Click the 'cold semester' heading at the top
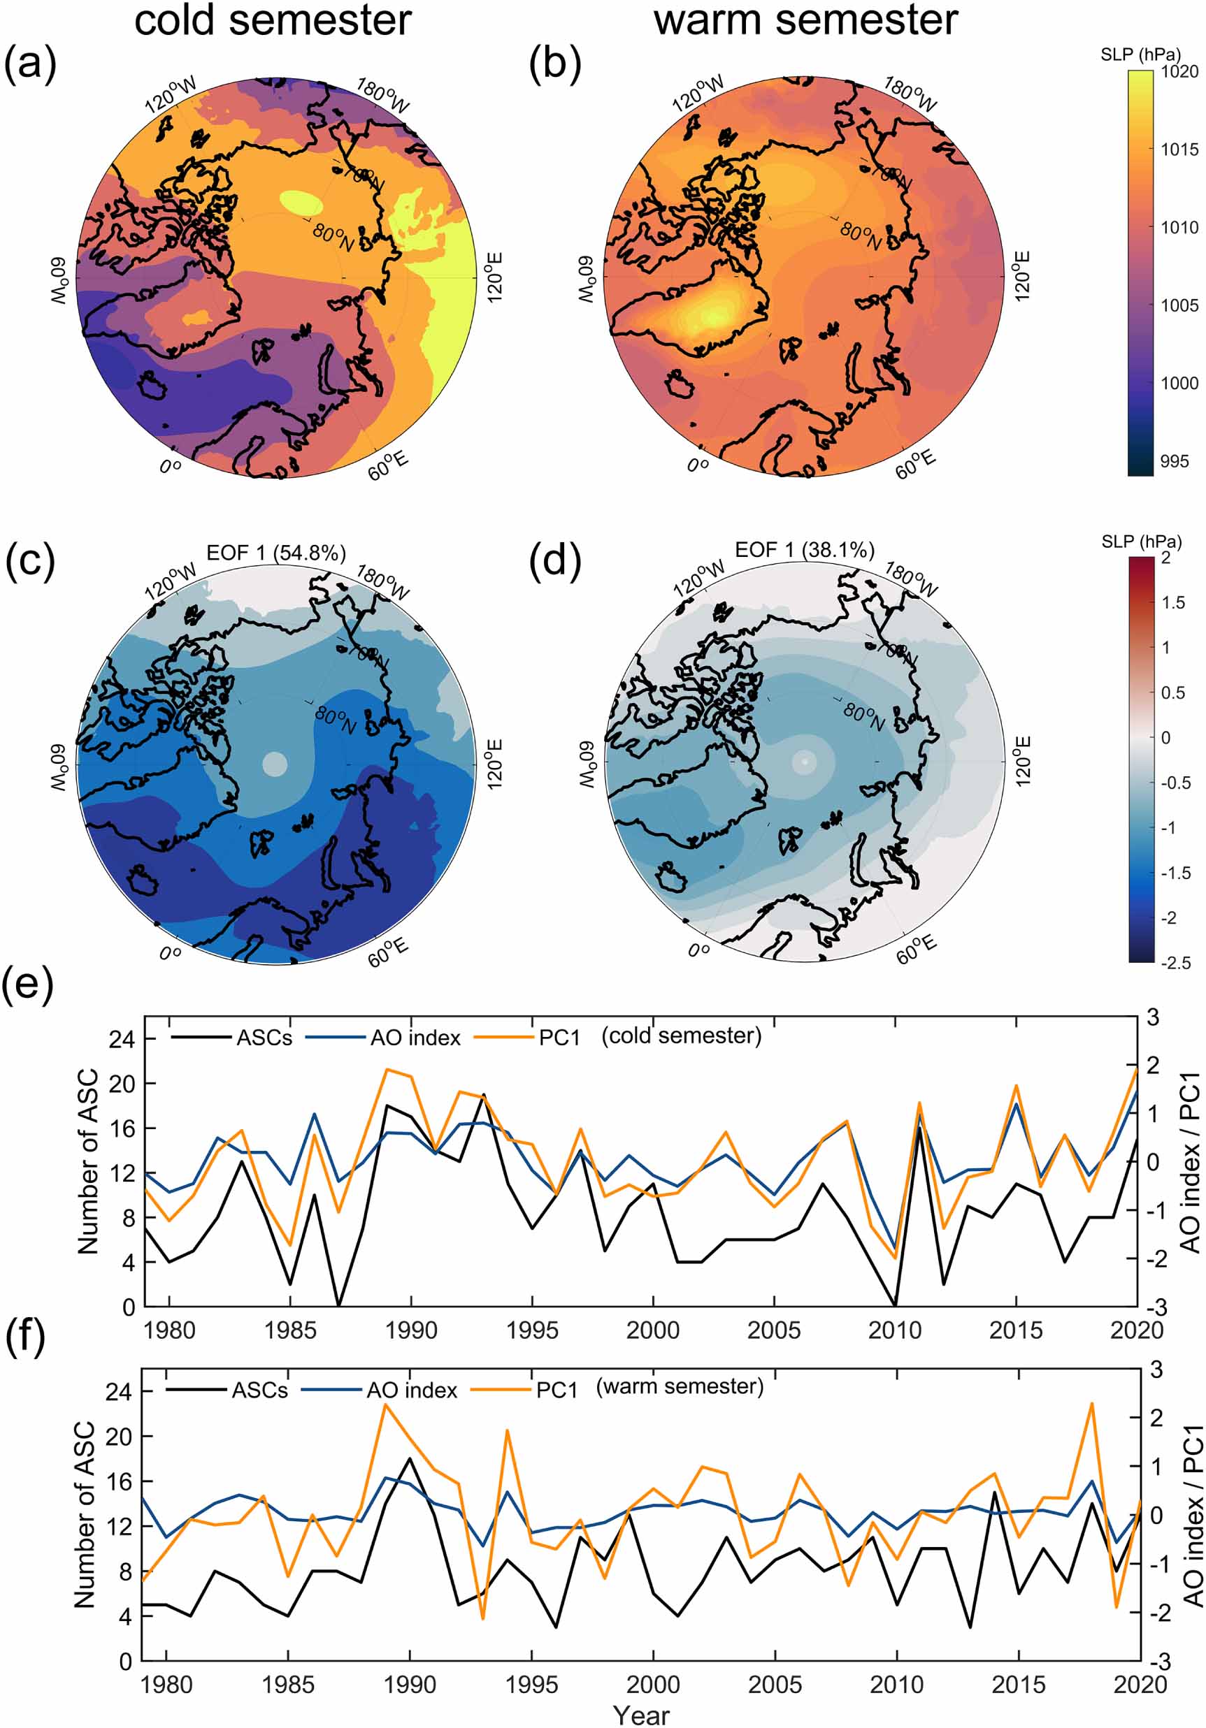(x=273, y=20)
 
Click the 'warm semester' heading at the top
(x=805, y=20)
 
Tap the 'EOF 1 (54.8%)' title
(x=276, y=553)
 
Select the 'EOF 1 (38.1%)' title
(x=804, y=550)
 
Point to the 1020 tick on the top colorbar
(x=1179, y=72)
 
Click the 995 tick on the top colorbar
(x=1175, y=461)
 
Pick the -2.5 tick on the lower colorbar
(x=1175, y=964)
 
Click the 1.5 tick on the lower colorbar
(x=1173, y=602)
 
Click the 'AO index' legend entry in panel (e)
(x=415, y=1038)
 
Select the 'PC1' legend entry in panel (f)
(x=557, y=1391)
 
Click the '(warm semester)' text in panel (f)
(x=680, y=1386)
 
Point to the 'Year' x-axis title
(x=640, y=1715)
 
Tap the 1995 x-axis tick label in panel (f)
(x=531, y=1685)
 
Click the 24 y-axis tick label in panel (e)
(x=121, y=1039)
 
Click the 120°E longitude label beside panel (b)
(x=1021, y=277)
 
